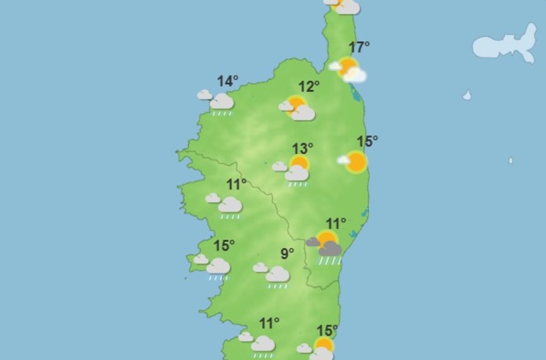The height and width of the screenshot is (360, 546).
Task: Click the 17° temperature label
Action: [359, 47]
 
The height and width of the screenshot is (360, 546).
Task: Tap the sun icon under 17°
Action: [348, 67]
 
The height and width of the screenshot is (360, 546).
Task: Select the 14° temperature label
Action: [227, 81]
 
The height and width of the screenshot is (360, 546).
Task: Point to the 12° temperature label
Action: [308, 87]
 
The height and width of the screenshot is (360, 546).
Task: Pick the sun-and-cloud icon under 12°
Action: [297, 108]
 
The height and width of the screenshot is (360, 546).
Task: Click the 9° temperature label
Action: [287, 253]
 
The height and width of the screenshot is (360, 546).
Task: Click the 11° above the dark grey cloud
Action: [335, 224]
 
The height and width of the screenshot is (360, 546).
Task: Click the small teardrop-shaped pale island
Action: [467, 95]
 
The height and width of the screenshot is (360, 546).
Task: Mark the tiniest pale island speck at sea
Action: [511, 160]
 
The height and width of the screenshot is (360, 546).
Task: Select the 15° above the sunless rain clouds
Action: [224, 246]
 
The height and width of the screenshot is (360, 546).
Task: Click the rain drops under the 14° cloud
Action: [222, 113]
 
